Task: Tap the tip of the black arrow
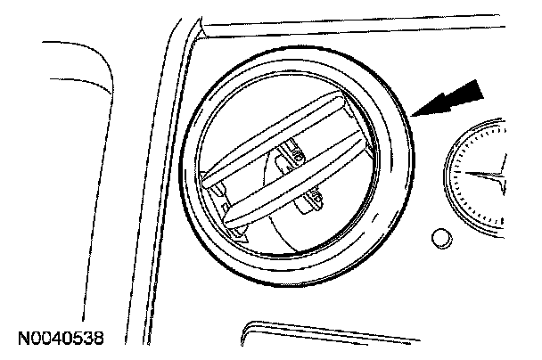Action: tap(415, 114)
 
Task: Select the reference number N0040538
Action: tap(59, 339)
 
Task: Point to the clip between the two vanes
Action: tap(292, 157)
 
